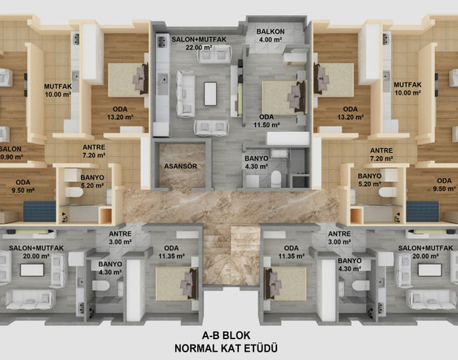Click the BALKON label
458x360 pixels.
tap(271, 32)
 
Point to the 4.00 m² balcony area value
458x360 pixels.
tap(270, 40)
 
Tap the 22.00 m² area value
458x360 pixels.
tap(199, 47)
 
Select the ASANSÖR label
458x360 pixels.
tap(180, 167)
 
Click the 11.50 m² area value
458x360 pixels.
tap(267, 125)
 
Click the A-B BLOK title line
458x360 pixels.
tap(226, 335)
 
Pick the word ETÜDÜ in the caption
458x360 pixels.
tap(261, 348)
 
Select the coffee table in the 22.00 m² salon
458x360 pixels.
tap(210, 93)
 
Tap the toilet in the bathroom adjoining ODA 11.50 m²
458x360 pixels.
tap(276, 179)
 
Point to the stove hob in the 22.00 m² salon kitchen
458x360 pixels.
tap(162, 41)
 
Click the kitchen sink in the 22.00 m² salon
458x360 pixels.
tap(163, 79)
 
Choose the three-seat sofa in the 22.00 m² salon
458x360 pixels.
tap(185, 93)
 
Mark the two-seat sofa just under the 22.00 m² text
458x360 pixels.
tap(215, 54)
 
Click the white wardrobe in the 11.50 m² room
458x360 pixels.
tap(288, 138)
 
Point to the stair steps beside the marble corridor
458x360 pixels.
tap(231, 255)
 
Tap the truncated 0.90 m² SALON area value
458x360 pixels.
tap(11, 157)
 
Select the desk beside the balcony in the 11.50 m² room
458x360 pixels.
tap(294, 59)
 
